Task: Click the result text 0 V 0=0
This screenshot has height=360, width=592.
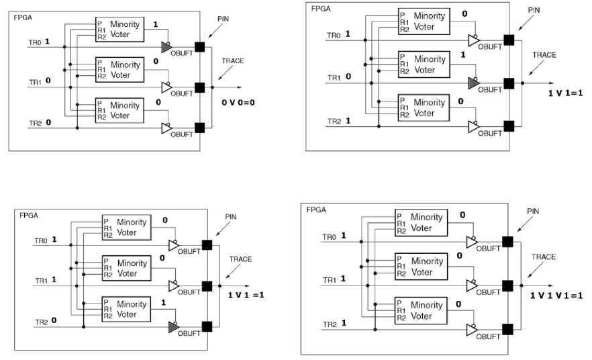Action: pyautogui.click(x=241, y=103)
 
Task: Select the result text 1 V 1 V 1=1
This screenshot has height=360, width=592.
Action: pyautogui.click(x=556, y=296)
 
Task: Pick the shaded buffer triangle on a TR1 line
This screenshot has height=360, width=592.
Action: pyautogui.click(x=474, y=83)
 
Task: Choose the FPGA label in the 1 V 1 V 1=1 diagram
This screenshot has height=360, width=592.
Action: pyautogui.click(x=316, y=210)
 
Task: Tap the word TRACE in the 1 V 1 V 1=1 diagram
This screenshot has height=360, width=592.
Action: pyautogui.click(x=543, y=257)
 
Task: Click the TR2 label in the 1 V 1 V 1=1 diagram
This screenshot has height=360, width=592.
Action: pyautogui.click(x=329, y=324)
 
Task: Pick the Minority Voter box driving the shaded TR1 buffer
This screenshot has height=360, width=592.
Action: pyautogui.click(x=423, y=64)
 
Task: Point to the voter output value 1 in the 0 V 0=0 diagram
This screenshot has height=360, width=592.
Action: pyautogui.click(x=156, y=24)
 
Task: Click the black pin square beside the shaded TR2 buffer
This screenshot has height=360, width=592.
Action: pyautogui.click(x=207, y=326)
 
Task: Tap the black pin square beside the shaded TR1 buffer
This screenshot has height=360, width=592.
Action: pyautogui.click(x=509, y=83)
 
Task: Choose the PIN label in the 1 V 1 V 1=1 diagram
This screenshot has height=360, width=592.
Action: pyautogui.click(x=533, y=211)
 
